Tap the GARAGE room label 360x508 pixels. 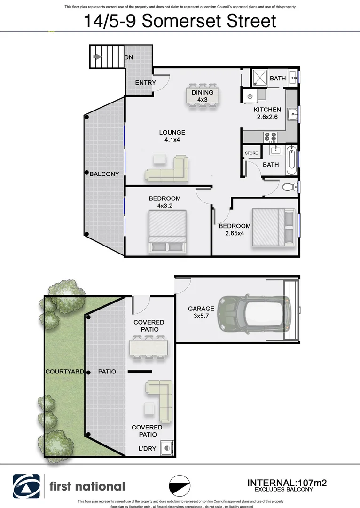point(201,312)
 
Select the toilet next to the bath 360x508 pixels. point(289,187)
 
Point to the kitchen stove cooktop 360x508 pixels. point(270,136)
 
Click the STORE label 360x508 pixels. point(251,153)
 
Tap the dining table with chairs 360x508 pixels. point(203,96)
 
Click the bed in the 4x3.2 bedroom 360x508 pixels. point(167,232)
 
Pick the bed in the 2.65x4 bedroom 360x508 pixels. point(273,227)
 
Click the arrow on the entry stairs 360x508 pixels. point(98,57)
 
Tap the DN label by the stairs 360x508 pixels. point(128,57)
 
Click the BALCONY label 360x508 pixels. point(104,174)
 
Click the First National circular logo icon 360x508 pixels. point(26,486)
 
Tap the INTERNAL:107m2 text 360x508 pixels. point(287,483)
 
